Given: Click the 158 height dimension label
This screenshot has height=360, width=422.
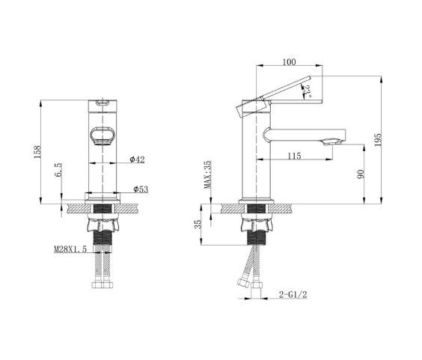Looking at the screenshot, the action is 37,152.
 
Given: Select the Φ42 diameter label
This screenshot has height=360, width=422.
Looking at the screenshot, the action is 137,159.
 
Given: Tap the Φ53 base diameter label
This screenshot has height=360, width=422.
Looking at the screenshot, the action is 141,189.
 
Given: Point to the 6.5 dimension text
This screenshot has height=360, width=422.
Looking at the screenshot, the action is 58,170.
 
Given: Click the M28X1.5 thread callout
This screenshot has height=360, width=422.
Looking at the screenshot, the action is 70,249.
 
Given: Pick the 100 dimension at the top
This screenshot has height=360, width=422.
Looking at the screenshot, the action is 289,62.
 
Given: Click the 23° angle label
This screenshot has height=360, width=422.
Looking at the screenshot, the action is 307,91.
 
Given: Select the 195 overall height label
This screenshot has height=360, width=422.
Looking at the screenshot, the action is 378,139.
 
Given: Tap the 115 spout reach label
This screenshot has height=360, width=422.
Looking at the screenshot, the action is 294,156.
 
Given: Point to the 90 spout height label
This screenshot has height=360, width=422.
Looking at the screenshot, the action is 361,174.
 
